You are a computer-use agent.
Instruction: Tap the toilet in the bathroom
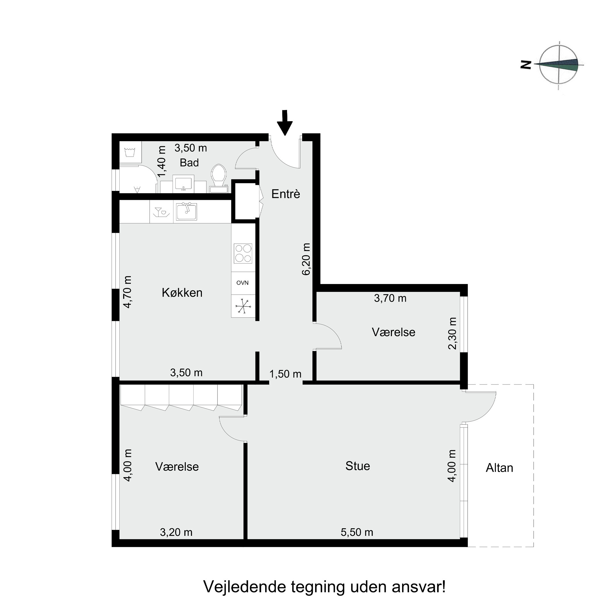pos(219,174)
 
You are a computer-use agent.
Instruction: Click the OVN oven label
pos(242,283)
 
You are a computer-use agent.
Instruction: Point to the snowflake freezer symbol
pos(243,306)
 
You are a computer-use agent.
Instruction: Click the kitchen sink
pos(186,212)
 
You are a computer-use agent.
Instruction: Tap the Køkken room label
pos(182,293)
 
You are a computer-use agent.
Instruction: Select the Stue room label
pos(358,466)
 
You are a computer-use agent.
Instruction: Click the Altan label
pos(499,468)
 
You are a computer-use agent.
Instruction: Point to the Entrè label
pos(285,194)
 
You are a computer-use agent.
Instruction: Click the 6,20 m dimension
pos(306,259)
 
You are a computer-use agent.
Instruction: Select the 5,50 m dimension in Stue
pos(357,532)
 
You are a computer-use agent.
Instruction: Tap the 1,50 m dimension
pos(285,374)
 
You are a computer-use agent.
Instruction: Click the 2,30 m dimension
pos(452,333)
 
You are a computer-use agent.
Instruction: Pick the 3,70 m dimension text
pos(390,298)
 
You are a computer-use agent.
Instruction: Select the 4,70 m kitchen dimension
pos(127,292)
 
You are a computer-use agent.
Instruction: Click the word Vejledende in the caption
pos(245,587)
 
